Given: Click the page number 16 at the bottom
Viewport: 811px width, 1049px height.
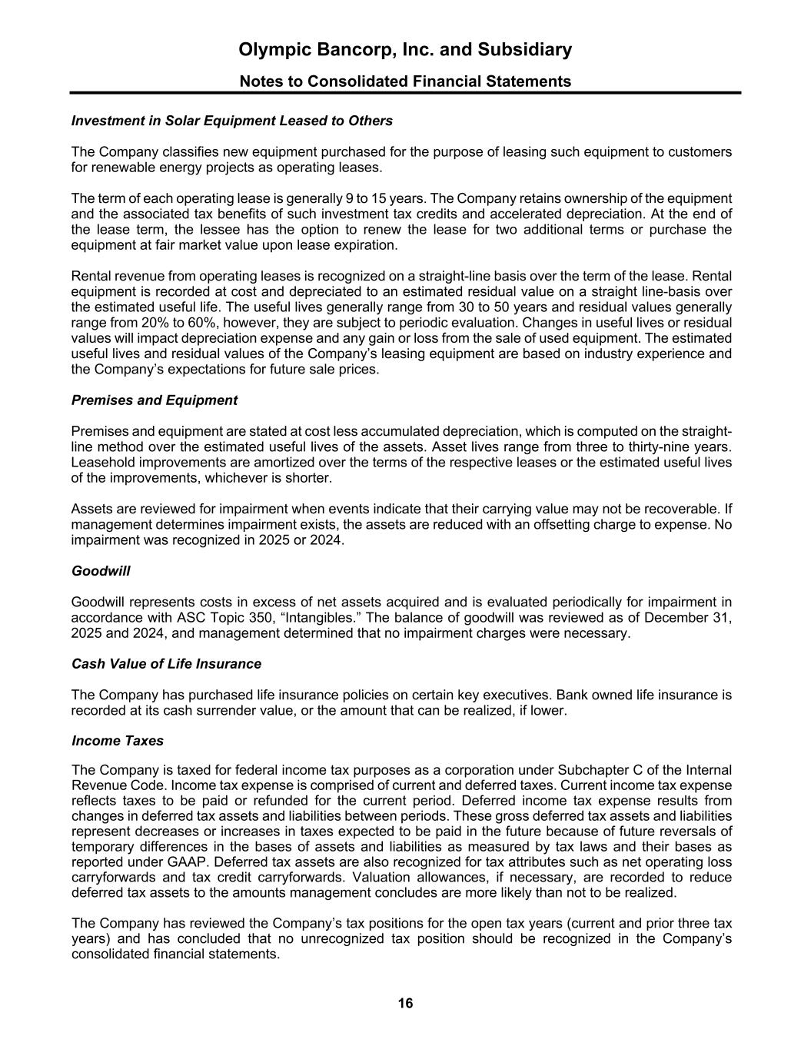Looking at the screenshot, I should point(405,1003).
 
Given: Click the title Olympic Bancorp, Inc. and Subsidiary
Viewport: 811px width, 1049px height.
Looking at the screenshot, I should point(405,50).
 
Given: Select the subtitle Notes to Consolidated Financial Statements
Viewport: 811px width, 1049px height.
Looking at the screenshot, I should point(405,81).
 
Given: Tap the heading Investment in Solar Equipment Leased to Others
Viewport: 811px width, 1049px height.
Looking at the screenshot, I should point(231,121).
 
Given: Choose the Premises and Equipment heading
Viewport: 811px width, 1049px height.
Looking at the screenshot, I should point(154,400).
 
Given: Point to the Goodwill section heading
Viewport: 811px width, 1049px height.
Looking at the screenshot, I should point(101,571).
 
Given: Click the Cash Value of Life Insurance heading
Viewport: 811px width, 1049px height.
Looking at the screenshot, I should point(166,664).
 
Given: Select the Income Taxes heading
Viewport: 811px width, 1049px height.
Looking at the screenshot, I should point(117,741).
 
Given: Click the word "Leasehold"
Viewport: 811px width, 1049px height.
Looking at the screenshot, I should point(102,463).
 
